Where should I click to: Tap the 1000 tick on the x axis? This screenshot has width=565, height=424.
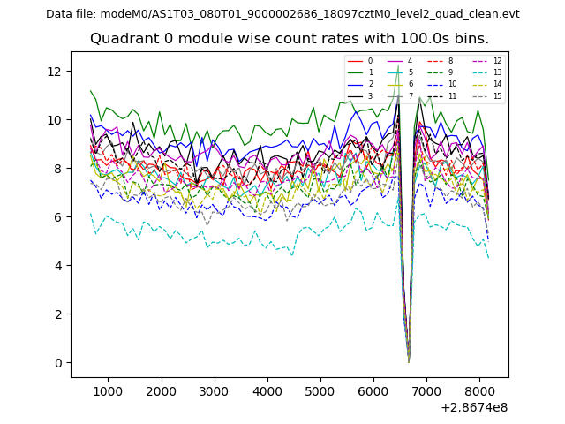[108, 390]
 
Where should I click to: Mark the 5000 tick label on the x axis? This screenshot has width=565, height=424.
[320, 390]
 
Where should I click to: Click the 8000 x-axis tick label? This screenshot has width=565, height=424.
[479, 390]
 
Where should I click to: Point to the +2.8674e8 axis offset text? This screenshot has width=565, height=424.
[474, 407]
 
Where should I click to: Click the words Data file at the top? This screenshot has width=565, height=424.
[71, 13]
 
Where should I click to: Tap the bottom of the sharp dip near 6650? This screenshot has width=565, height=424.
[408, 361]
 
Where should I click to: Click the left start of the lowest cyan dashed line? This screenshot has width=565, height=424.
[90, 213]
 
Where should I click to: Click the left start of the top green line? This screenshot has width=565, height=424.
[90, 91]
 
